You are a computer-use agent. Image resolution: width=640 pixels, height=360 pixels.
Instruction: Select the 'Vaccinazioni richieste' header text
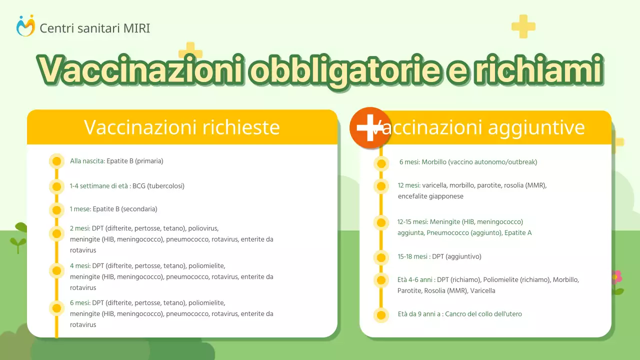tap(181, 127)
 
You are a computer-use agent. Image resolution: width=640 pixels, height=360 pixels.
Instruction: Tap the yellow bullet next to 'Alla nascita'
tap(56, 161)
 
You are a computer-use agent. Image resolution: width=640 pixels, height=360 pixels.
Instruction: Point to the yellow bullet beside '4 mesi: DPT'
tap(56, 270)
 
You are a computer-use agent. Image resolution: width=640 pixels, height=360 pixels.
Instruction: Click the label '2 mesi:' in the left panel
tap(80, 228)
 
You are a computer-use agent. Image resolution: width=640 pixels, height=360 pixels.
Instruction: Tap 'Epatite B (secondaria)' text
tap(125, 209)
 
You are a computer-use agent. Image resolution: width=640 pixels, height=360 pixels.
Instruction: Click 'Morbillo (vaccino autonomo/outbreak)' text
tap(479, 162)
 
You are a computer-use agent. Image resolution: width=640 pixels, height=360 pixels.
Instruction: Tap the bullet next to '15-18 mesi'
tap(381, 257)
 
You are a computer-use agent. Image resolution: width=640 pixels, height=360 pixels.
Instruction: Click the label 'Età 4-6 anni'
tap(415, 280)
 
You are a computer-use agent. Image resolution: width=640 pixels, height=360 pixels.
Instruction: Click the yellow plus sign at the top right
tap(523, 26)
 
